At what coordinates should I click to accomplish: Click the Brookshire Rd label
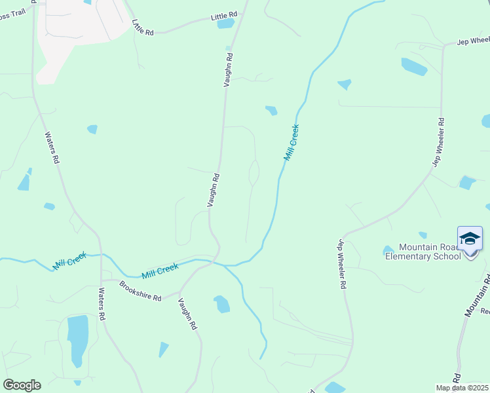(140, 291)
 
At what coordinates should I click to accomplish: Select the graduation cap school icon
(470, 238)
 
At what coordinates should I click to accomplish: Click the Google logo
(22, 385)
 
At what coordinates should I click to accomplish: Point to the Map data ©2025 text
(462, 388)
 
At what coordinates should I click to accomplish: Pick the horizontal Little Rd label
(223, 15)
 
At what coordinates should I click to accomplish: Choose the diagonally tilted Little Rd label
(142, 28)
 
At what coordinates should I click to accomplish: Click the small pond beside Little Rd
(225, 24)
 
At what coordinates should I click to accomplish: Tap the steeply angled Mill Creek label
(292, 142)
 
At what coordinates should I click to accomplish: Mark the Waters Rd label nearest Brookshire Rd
(102, 303)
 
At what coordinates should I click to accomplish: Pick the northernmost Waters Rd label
(52, 148)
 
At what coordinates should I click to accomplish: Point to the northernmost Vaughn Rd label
(229, 71)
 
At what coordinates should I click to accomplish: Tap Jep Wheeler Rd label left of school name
(341, 264)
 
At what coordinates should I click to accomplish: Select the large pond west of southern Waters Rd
(77, 340)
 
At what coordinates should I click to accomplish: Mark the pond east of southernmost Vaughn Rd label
(222, 304)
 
